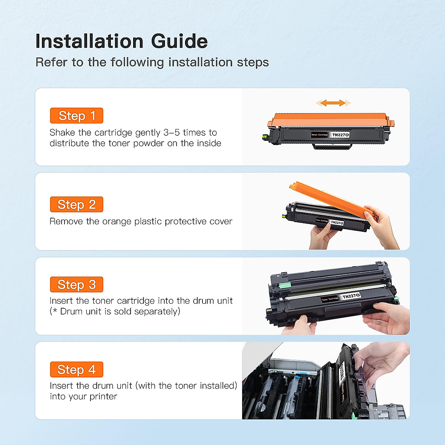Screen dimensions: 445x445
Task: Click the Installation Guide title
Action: point(121,41)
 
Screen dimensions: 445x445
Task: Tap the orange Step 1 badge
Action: point(76,116)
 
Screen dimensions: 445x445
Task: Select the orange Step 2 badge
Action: point(76,204)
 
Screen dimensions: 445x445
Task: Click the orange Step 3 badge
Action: point(76,284)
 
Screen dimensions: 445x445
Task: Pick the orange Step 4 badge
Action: point(76,369)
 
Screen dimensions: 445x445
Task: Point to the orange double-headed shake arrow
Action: point(333,103)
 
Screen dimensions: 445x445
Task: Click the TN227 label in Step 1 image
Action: point(340,135)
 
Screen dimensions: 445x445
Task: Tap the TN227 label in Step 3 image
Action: point(351,296)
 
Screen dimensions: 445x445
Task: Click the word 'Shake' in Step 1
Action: point(62,132)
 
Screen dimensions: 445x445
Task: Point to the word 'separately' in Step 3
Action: point(156,311)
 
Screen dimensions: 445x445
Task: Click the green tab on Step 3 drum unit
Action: point(285,285)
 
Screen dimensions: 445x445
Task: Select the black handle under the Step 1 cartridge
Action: point(332,147)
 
